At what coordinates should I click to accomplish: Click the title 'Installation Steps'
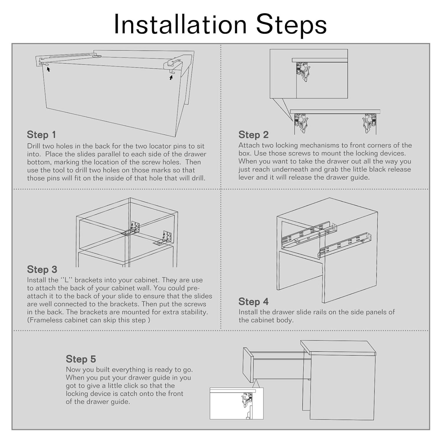point(220,24)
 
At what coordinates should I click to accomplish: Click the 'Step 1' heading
point(41,135)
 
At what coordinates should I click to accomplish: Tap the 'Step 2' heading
point(253,135)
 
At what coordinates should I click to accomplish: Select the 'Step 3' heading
point(42,269)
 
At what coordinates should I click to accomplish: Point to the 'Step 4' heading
point(253,301)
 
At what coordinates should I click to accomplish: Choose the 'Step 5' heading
point(81,359)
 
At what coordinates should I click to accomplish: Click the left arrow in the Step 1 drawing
point(48,69)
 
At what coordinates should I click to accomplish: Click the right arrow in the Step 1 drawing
point(171,77)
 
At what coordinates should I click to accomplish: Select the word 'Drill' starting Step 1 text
point(34,146)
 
